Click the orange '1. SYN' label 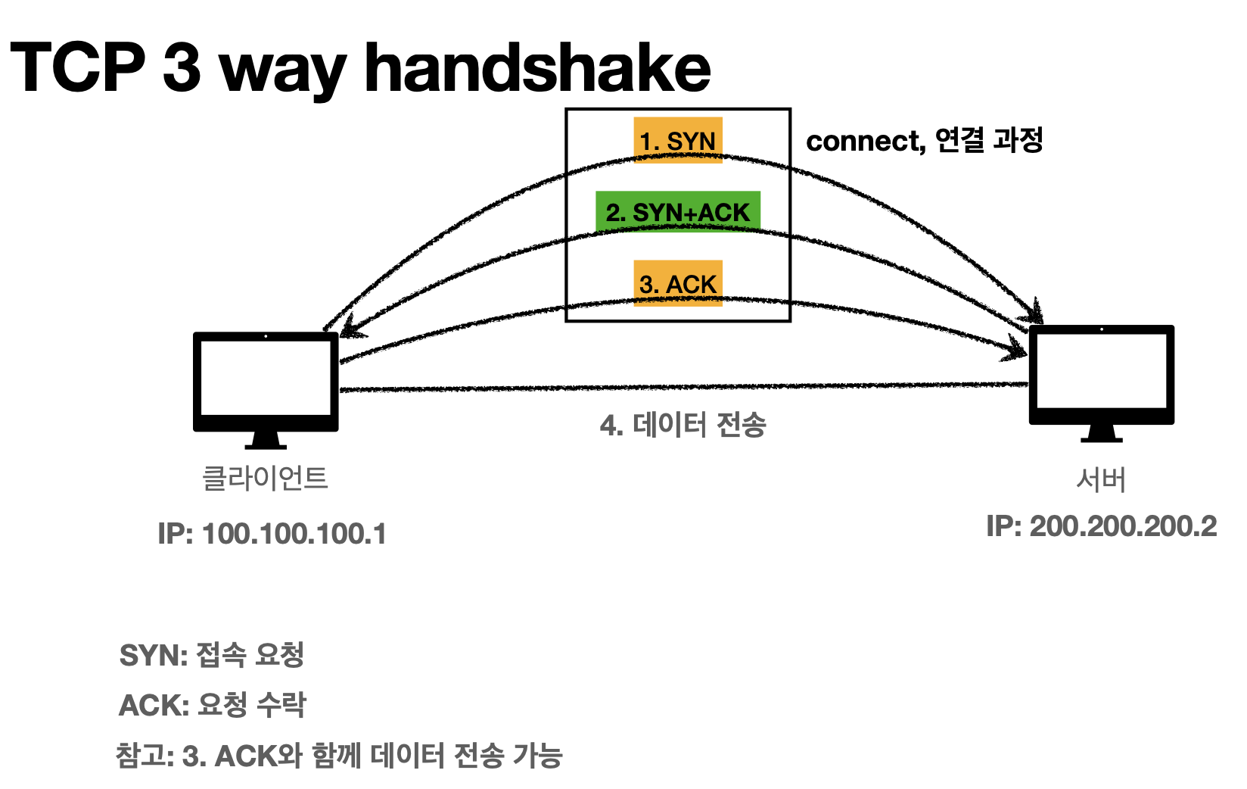point(677,140)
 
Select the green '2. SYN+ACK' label point(677,212)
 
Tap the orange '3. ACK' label point(677,283)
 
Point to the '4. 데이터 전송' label point(683,425)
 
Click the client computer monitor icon point(266,382)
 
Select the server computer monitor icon point(1101,376)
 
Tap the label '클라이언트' point(265,478)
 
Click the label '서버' point(1101,479)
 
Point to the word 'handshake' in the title point(537,68)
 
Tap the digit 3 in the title point(182,68)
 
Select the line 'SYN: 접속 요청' point(212,655)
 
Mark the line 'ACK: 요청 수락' point(213,705)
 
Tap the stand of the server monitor point(1101,434)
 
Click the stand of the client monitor point(266,440)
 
